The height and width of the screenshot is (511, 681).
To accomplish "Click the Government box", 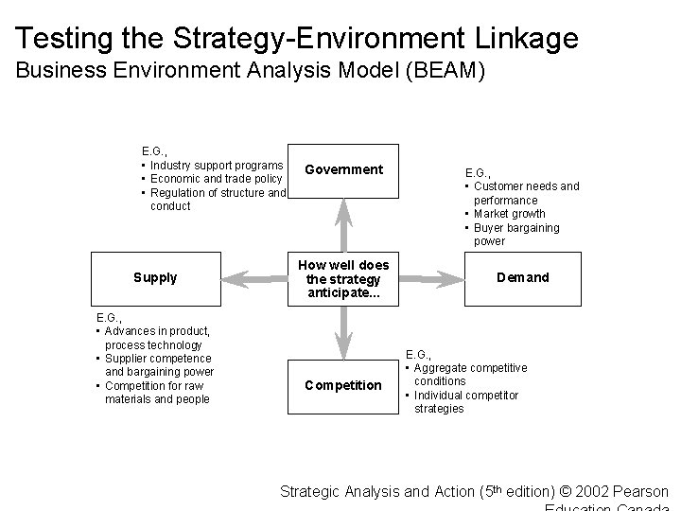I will [343, 170].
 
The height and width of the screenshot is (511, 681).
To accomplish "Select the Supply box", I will [155, 278].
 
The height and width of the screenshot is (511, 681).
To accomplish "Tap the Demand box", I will [523, 278].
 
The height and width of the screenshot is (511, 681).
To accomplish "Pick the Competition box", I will [343, 385].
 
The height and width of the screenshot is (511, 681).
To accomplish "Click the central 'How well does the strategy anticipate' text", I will [343, 278].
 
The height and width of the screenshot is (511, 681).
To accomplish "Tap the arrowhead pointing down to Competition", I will [343, 346].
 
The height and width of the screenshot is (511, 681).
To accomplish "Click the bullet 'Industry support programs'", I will [217, 166].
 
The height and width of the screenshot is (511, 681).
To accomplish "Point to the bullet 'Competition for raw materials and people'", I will [154, 392].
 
